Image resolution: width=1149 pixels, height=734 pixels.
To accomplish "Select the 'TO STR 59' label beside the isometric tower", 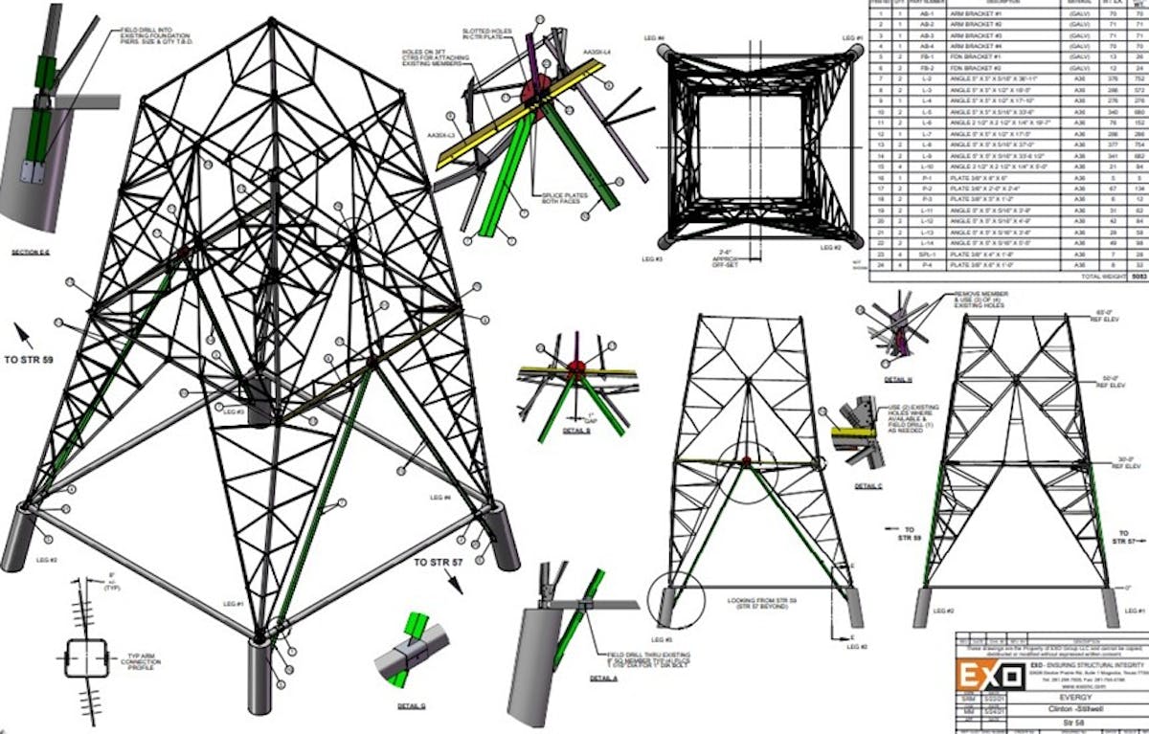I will coord(36,361).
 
